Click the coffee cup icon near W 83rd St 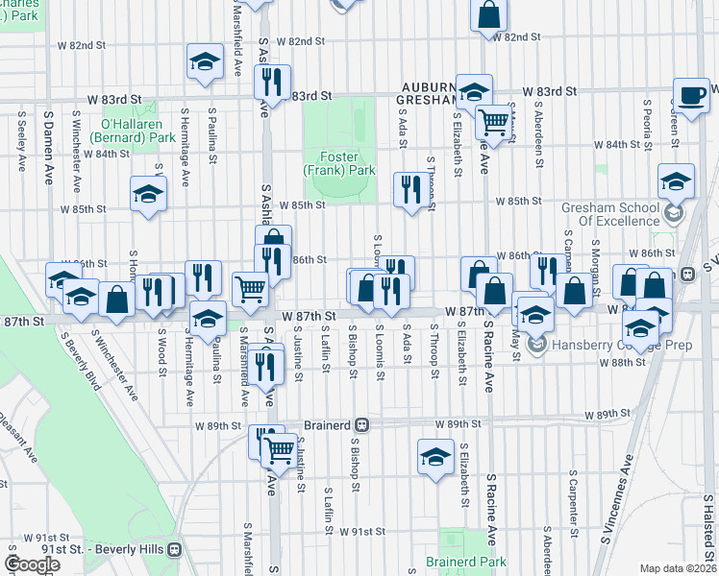point(690,94)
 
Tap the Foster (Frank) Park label point(338,162)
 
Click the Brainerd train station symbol point(362,423)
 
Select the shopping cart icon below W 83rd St point(492,122)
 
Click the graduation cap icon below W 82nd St point(204,60)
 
